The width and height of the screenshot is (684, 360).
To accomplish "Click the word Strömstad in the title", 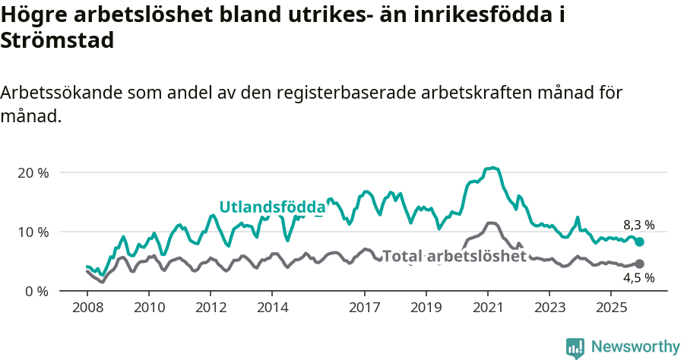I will pyautogui.click(x=58, y=40).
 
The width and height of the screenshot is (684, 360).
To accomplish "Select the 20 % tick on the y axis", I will pyautogui.click(x=33, y=172).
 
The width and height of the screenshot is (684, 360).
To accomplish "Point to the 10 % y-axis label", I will pyautogui.click(x=33, y=232).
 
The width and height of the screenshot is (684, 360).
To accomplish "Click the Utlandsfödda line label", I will pyautogui.click(x=272, y=207).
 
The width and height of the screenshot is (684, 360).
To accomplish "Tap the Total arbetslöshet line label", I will pyautogui.click(x=454, y=256).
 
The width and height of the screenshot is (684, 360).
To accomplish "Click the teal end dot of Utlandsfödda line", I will pyautogui.click(x=639, y=242).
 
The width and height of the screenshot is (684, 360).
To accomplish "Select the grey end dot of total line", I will pyautogui.click(x=639, y=264).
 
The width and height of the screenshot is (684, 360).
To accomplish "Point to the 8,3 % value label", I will pyautogui.click(x=638, y=225).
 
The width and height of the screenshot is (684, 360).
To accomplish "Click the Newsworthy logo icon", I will pyautogui.click(x=575, y=347).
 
